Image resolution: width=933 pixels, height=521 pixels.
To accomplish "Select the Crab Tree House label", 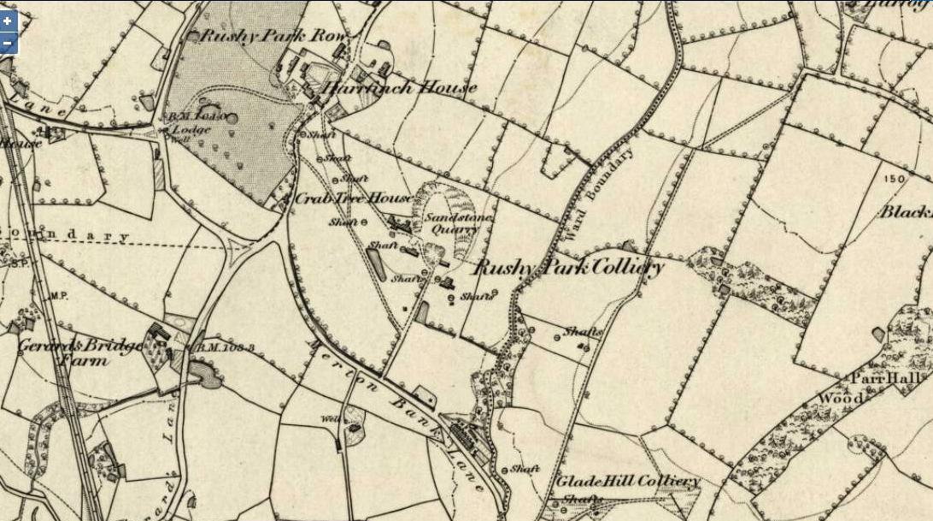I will [348, 198].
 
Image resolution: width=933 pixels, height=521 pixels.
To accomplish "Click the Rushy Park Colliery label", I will [568, 269].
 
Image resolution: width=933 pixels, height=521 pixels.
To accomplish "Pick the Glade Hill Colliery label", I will [628, 481].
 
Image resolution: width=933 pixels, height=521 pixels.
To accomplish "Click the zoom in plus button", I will [8, 21].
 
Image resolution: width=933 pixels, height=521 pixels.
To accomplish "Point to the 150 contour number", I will [895, 179].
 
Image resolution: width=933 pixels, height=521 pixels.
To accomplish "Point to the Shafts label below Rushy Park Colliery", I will [584, 332].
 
